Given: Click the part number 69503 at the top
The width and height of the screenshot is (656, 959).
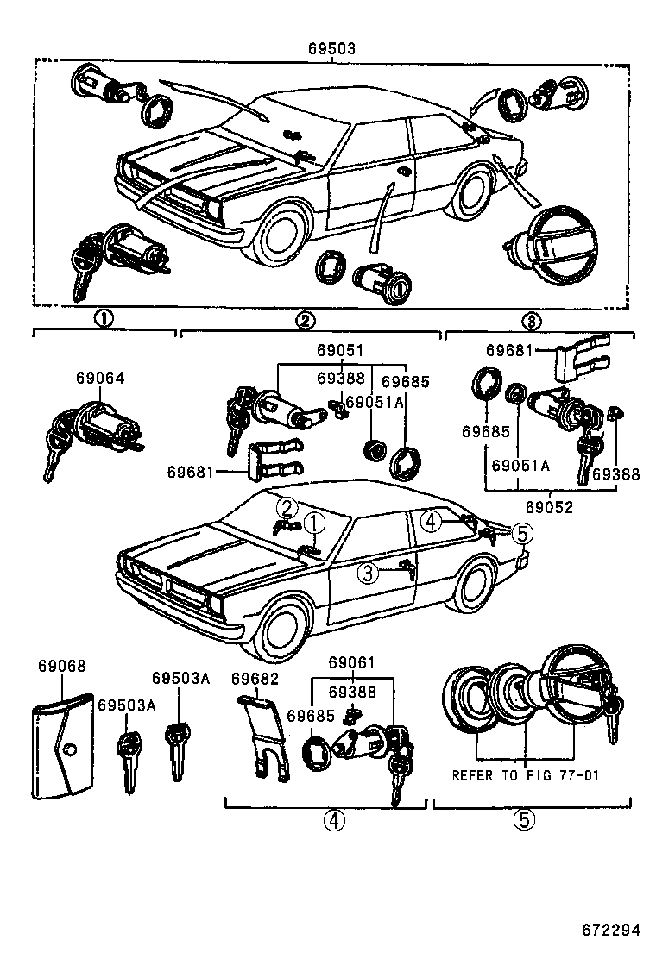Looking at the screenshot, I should (331, 49).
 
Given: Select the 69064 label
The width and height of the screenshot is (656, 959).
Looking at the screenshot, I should (99, 378).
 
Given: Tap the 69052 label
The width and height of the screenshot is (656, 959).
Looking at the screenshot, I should (550, 508).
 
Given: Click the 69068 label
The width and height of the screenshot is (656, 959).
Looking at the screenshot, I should (61, 667).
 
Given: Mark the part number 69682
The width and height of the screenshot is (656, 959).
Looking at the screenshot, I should (255, 679).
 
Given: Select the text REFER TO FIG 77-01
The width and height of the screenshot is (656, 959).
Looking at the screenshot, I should (525, 775).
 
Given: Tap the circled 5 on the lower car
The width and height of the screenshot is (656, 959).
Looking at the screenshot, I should (521, 534).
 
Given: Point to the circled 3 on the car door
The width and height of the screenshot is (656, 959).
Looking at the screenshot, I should (369, 572).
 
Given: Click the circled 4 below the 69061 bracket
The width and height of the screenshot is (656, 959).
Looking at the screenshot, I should (334, 821).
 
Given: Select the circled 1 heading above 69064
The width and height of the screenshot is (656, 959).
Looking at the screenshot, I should (103, 320).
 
